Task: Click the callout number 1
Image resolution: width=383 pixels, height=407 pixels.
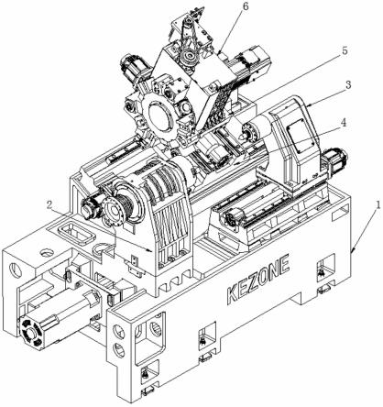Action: click(x=378, y=204)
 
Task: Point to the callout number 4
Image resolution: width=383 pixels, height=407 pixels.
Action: click(x=344, y=123)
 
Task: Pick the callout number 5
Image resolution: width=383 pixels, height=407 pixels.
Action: click(x=345, y=50)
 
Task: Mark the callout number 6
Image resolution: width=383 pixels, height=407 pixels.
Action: click(x=246, y=5)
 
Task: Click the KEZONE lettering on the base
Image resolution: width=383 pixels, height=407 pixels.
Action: click(x=258, y=280)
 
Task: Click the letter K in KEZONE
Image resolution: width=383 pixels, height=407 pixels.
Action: click(x=233, y=294)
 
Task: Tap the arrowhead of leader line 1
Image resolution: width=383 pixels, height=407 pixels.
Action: click(x=352, y=251)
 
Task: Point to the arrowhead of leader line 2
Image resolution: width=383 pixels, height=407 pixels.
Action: click(x=150, y=250)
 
